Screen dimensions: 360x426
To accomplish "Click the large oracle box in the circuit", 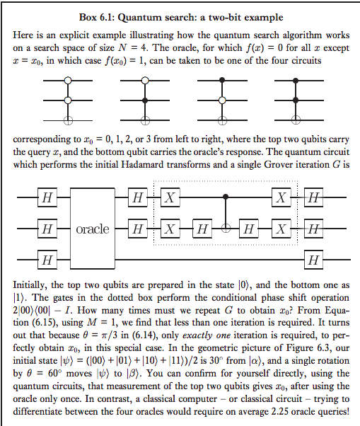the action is (93, 228).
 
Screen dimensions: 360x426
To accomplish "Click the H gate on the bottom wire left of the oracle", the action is (47, 260).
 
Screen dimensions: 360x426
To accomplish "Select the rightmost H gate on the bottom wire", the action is (314, 260).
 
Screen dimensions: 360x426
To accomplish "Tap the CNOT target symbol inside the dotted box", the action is (226, 229).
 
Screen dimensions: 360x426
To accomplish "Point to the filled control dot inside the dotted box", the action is (226, 197).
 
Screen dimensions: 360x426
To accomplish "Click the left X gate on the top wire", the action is (170, 197).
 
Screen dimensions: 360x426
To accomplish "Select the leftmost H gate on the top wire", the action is (47, 197).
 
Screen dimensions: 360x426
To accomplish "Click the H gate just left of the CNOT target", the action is (202, 229).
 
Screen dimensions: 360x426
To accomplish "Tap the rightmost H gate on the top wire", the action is (314, 197).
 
